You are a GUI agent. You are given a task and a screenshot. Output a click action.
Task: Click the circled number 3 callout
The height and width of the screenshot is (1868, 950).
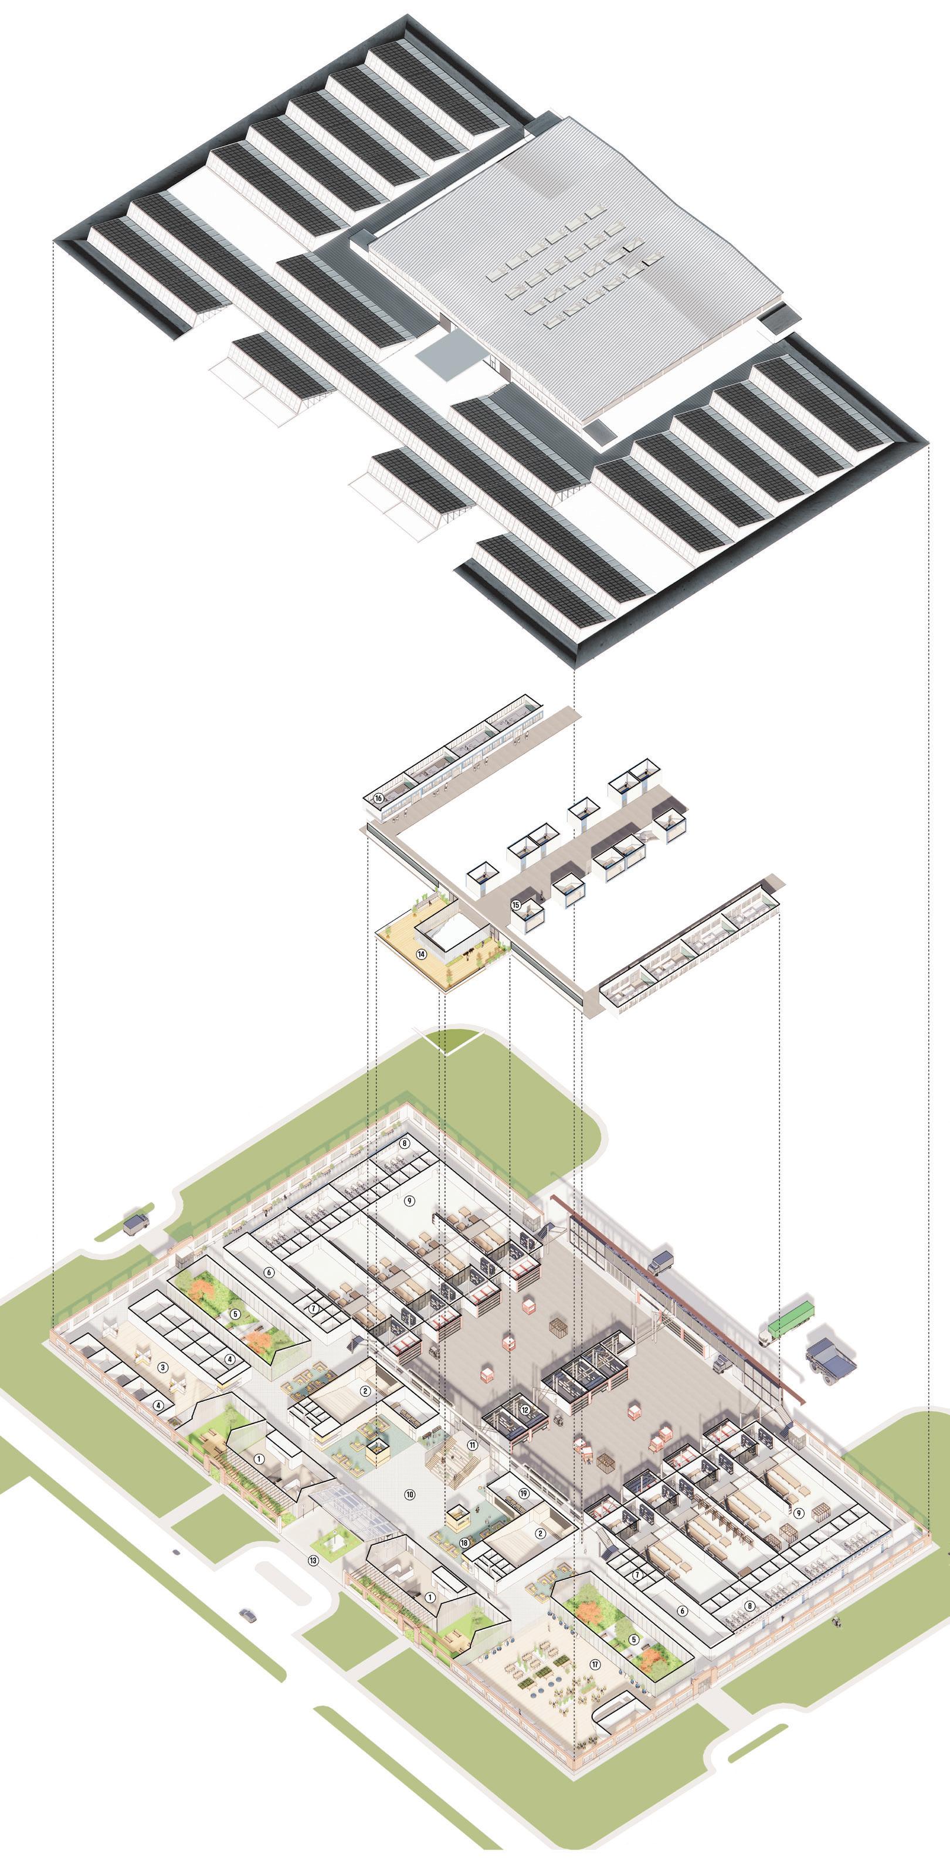pos(163,1367)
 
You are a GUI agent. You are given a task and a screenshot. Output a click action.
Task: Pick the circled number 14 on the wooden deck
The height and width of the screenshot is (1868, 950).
pos(421,954)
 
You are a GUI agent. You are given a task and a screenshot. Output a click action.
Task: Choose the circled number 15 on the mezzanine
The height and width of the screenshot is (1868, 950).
pos(515,905)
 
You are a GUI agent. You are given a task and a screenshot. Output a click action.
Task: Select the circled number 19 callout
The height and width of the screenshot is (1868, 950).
pos(524,1487)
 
